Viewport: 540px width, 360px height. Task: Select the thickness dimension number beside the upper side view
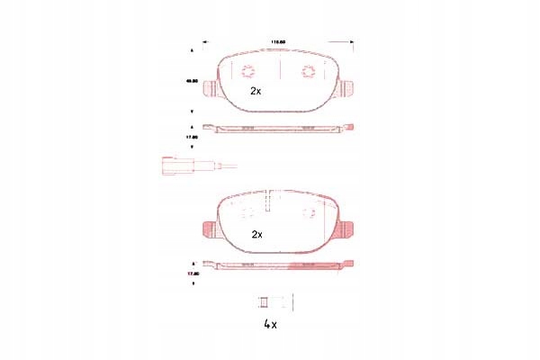click(191, 137)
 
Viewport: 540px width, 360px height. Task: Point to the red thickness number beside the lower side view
click(191, 272)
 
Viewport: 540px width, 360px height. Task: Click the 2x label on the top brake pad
click(256, 91)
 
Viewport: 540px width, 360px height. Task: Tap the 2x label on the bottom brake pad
click(256, 233)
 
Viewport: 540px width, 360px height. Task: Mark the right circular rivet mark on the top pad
click(306, 73)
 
